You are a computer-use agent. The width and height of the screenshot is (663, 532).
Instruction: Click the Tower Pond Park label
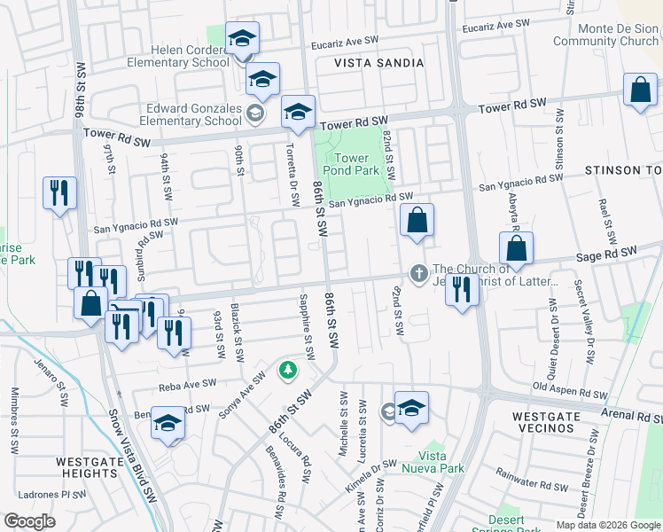click(357, 164)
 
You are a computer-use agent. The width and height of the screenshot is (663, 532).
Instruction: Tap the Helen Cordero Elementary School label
click(177, 56)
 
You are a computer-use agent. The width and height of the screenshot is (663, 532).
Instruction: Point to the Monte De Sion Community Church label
click(605, 35)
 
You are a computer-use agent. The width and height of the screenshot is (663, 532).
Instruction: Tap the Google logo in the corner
click(29, 521)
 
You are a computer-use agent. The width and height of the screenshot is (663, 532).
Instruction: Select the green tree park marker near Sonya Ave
click(286, 369)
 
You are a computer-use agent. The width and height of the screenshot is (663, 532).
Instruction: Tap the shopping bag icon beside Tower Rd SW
click(640, 90)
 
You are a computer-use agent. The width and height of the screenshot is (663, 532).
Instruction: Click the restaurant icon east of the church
click(462, 290)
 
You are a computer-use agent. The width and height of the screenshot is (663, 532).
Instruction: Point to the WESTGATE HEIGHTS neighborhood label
click(94, 468)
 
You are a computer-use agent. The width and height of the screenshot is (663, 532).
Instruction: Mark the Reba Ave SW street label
click(188, 386)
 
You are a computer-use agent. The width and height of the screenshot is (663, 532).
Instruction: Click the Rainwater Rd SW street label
click(532, 485)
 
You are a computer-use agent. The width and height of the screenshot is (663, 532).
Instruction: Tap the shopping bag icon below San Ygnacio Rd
click(417, 220)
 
